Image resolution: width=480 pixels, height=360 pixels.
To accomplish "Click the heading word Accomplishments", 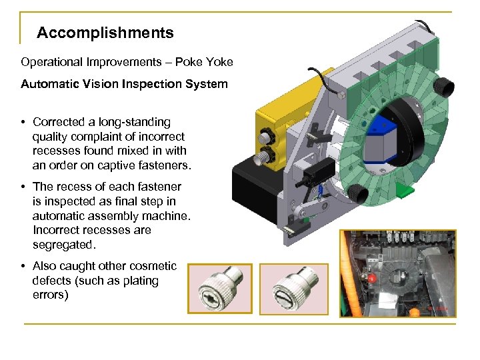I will tap(105, 33).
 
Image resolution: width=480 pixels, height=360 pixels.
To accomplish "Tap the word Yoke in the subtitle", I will tap(219, 62).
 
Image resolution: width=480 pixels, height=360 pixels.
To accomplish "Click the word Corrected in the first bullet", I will tap(59, 122).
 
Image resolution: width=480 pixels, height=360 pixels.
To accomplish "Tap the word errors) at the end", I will tap(50, 295).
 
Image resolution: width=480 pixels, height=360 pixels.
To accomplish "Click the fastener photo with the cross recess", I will tap(220, 289).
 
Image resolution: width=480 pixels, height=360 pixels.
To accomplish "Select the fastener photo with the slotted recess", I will tap(293, 289).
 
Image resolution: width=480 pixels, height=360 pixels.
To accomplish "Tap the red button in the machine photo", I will tap(373, 277).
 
